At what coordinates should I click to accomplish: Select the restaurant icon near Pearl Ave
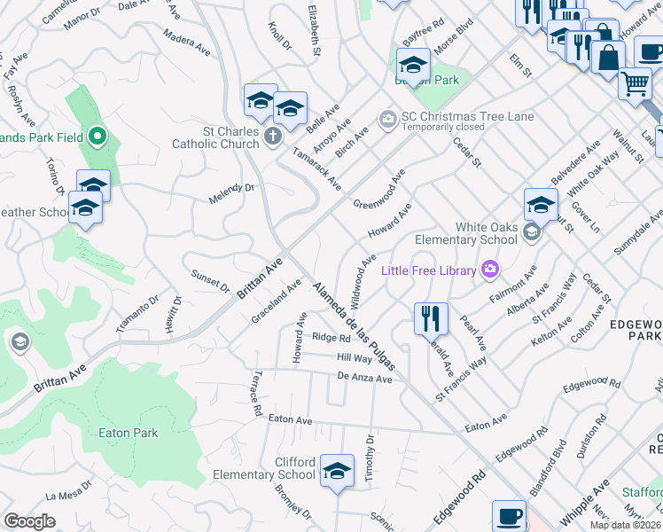(431, 317)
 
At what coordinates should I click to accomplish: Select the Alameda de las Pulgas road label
(352, 325)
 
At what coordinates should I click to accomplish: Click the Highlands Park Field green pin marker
(98, 137)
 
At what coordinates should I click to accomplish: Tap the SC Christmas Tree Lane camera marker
(387, 117)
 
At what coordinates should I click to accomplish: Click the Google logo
(29, 521)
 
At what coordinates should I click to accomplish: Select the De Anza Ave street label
(364, 379)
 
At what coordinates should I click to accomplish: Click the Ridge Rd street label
(331, 338)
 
